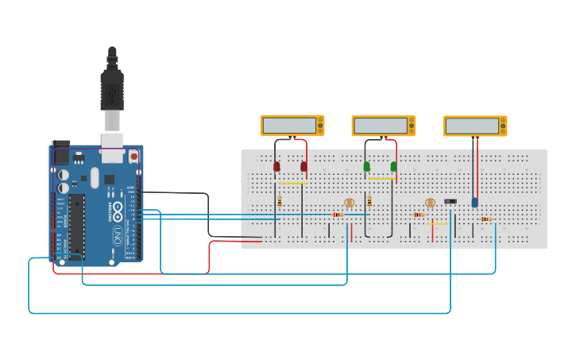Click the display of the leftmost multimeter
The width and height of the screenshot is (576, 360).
(289, 126)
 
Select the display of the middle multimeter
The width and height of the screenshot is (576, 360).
(381, 126)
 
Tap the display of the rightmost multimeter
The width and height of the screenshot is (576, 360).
(472, 126)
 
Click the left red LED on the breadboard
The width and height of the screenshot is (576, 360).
(276, 166)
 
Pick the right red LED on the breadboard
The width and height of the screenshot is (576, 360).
(303, 166)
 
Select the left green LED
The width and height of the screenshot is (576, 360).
(367, 166)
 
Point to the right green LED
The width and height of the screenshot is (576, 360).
(393, 166)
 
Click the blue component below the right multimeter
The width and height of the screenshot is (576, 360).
(475, 202)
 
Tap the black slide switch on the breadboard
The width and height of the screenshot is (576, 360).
(450, 202)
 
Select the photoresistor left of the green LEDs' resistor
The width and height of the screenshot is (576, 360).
(349, 203)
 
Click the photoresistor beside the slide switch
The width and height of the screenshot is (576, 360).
(431, 203)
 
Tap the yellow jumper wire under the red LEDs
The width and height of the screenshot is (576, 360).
(292, 184)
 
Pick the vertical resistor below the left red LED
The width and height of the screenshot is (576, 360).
(279, 201)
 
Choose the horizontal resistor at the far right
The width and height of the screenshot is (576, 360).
(485, 219)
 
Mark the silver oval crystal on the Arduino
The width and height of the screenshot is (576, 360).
(95, 177)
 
